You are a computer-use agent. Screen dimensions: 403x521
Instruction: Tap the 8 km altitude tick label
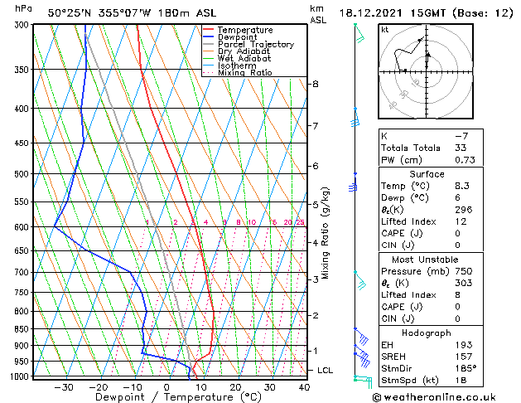[x=316, y=84]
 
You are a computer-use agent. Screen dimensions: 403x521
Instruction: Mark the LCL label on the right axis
[x=326, y=370]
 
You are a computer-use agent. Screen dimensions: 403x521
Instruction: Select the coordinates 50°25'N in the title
[x=71, y=12]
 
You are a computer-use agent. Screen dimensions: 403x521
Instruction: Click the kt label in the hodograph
[x=385, y=30]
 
